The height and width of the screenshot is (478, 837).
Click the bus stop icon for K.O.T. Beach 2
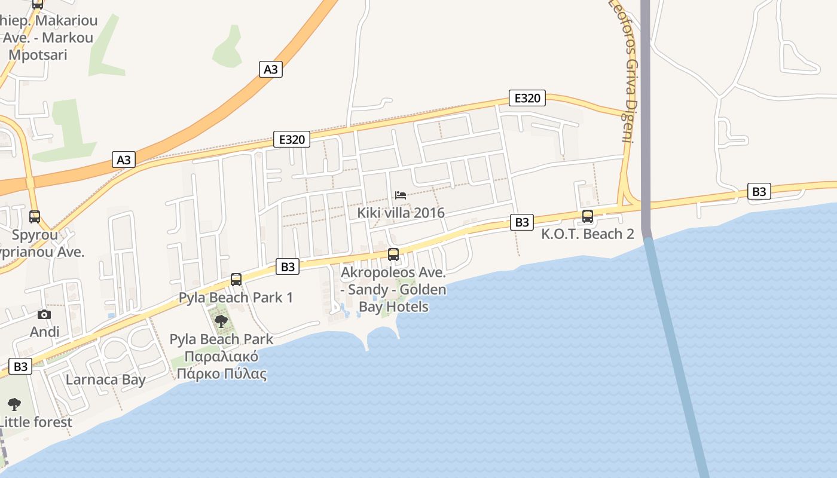click(x=588, y=216)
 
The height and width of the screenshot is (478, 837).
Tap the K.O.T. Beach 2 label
click(x=588, y=234)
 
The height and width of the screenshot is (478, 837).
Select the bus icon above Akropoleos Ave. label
click(x=393, y=255)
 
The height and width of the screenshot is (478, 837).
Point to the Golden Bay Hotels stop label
click(x=393, y=290)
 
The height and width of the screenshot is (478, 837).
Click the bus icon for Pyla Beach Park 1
click(x=236, y=280)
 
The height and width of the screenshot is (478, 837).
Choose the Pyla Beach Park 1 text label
click(x=236, y=297)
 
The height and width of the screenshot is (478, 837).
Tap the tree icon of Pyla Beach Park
click(x=221, y=321)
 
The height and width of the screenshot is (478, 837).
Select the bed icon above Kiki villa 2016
click(x=401, y=195)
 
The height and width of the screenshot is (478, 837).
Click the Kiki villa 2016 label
click(x=401, y=213)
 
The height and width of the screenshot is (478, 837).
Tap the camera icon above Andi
click(x=44, y=315)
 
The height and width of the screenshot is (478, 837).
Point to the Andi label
click(x=45, y=332)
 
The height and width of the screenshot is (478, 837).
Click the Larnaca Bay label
click(x=106, y=379)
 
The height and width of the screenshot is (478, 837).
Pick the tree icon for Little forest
click(x=14, y=405)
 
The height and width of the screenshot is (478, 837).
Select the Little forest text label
click(x=36, y=422)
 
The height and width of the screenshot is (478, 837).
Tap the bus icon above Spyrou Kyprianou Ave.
click(x=35, y=217)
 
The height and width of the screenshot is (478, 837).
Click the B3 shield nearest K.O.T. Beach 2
click(x=522, y=222)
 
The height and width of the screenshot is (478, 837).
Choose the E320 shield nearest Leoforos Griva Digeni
click(x=527, y=98)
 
